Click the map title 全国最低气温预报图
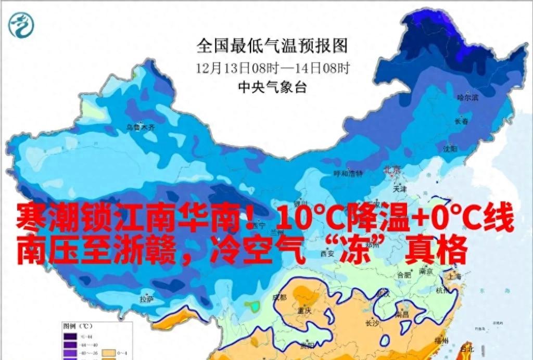pos(272,46)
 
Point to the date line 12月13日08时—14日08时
pos(272,68)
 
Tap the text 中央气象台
pos(272,87)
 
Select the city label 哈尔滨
pos(467,97)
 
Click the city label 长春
pos(462,121)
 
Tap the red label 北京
pos(391,170)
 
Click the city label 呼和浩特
pos(348,173)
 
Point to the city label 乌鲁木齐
pos(141,126)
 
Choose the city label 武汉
pos(383,294)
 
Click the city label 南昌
pos(402,314)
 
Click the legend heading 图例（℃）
pos(78,326)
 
